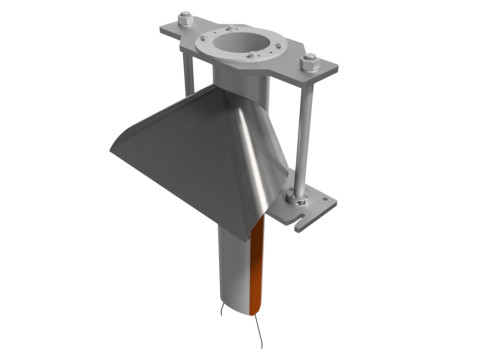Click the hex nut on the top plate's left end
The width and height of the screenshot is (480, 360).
pyautogui.click(x=184, y=17)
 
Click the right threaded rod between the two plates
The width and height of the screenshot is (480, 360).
pyautogui.click(x=306, y=130)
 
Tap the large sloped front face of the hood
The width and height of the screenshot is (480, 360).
pyautogui.click(x=190, y=160)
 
